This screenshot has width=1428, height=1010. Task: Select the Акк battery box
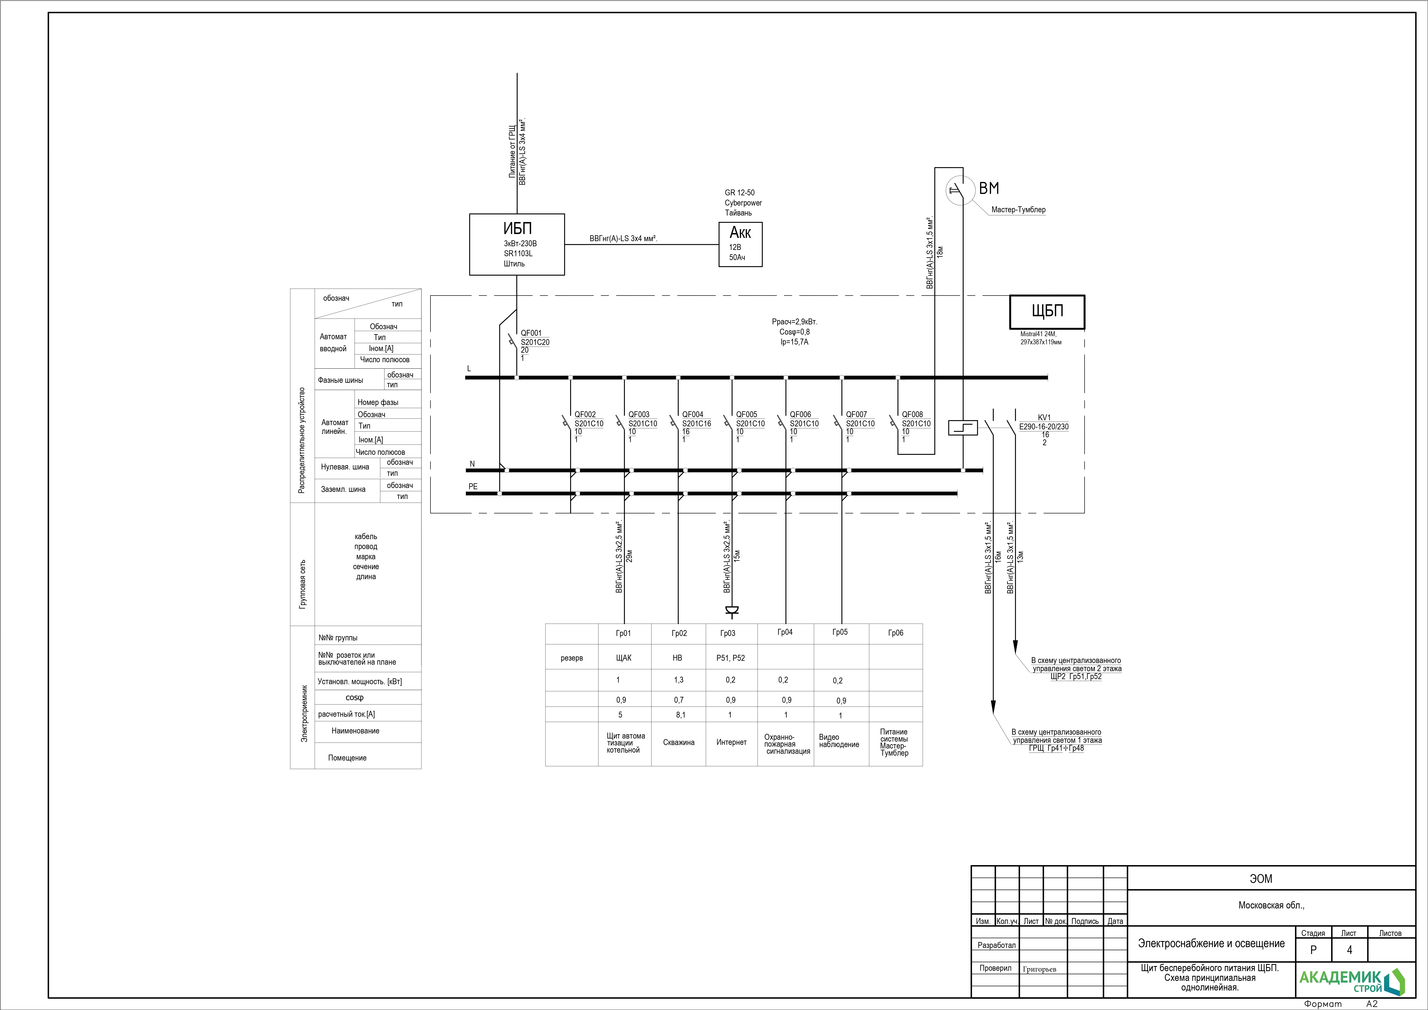point(740,244)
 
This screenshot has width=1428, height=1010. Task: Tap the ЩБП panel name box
point(1047,312)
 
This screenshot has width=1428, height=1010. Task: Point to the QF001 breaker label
point(531,333)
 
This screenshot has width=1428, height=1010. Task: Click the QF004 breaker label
point(693,414)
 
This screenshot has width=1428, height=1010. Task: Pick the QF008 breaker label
point(912,414)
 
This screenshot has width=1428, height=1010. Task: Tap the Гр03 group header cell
point(728,633)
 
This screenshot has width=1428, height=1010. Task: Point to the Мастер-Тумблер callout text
point(1018,210)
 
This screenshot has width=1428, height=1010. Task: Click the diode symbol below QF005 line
point(732,611)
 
